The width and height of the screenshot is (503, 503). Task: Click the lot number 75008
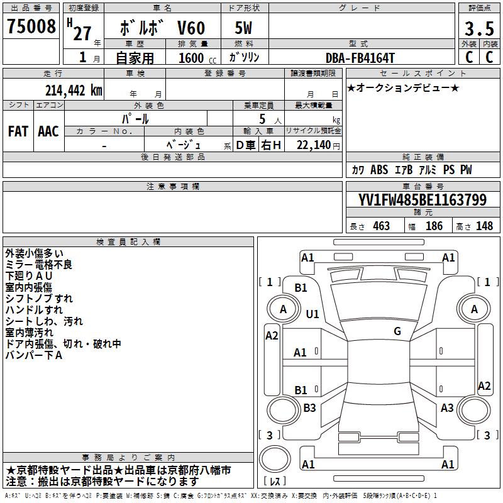[30, 27]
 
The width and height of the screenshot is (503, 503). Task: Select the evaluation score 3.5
[478, 29]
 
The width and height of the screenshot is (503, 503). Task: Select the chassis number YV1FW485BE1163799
[423, 200]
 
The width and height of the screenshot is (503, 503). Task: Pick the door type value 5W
[244, 29]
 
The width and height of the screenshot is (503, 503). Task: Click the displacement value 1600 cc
[192, 58]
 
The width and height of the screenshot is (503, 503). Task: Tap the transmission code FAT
[18, 131]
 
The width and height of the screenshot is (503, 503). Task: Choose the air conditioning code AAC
[48, 131]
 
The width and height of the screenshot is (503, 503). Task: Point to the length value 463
[381, 226]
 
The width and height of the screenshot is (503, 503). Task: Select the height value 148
[484, 226]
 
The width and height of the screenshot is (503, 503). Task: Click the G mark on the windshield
[397, 331]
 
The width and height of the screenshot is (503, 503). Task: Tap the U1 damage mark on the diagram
[312, 314]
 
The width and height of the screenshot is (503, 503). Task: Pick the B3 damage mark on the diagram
[309, 408]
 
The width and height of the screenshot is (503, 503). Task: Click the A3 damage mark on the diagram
[447, 408]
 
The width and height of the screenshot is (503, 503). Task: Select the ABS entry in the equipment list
[379, 170]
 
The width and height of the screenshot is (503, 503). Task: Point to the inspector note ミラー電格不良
[38, 265]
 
